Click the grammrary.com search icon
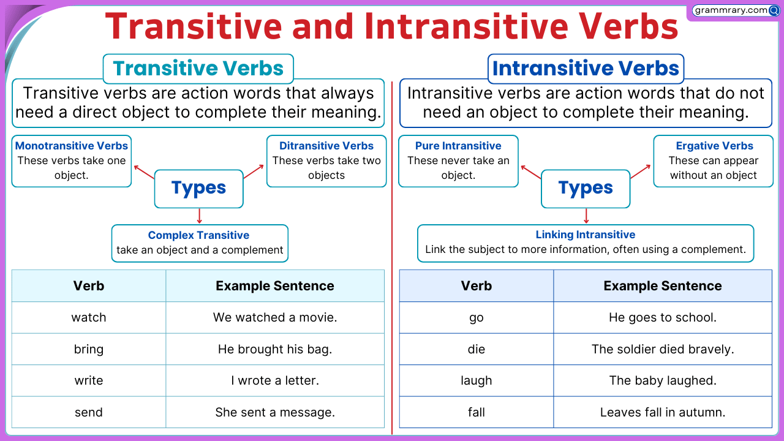[x=774, y=11]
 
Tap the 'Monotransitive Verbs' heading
[x=72, y=146]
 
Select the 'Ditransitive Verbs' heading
[x=326, y=146]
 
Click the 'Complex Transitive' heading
[x=198, y=235]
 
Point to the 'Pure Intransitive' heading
[x=458, y=146]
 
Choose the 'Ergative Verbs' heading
[x=714, y=146]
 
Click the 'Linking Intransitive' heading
[x=586, y=235]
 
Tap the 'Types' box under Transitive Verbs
[x=199, y=189]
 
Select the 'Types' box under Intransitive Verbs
[x=586, y=189]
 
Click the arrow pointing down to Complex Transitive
[x=200, y=216]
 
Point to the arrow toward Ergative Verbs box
[x=640, y=171]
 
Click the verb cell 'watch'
[x=89, y=317]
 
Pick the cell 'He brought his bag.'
[x=275, y=349]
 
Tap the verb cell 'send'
[x=89, y=412]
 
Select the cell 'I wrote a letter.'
[x=275, y=380]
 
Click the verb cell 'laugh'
[x=477, y=380]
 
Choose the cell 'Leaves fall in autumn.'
[x=663, y=412]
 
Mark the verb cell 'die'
[x=477, y=349]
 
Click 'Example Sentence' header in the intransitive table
[x=663, y=285]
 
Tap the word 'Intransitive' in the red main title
[x=466, y=26]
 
